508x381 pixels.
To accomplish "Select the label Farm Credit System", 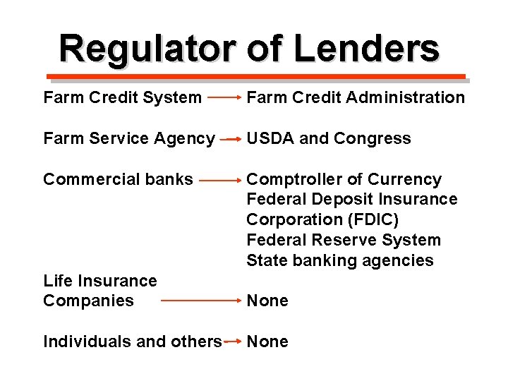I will click(x=122, y=97).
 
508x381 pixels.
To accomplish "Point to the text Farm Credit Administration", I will click(x=356, y=97).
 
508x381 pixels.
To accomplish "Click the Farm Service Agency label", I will click(x=129, y=138).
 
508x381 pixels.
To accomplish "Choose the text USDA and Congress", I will click(x=329, y=138).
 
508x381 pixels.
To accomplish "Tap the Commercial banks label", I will click(x=118, y=179).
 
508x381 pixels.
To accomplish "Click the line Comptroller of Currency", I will click(x=344, y=179).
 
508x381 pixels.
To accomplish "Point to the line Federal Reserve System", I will click(x=344, y=240).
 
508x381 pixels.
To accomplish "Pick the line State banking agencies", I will click(x=340, y=260).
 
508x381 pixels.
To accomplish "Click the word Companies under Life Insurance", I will click(x=88, y=301).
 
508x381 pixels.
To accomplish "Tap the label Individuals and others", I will click(x=133, y=341).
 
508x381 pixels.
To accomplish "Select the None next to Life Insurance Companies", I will click(x=267, y=301).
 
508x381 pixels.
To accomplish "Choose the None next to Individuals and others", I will click(x=267, y=341).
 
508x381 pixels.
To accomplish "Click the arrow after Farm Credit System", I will click(x=224, y=98).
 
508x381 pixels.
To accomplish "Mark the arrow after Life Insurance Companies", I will click(x=202, y=301).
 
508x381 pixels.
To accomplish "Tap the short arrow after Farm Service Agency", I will click(x=231, y=140).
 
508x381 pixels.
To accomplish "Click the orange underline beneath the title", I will click(x=255, y=76).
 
